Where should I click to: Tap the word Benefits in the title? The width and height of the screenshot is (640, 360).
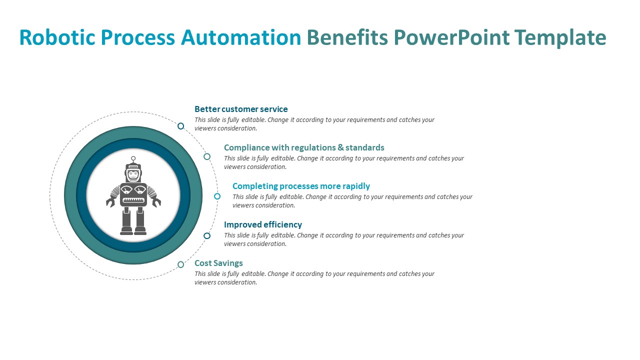347,38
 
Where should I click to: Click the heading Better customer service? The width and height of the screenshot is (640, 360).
241,109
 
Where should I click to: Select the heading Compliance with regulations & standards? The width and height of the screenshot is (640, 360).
304,147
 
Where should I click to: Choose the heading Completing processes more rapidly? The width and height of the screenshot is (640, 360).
301,186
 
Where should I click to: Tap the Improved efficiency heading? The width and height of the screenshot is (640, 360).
263,224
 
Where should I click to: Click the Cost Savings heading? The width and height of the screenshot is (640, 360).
218,263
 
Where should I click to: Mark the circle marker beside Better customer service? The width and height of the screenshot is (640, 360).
181,126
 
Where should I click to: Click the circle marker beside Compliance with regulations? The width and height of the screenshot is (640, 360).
207,156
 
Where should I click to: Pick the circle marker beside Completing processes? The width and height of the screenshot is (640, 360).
217,196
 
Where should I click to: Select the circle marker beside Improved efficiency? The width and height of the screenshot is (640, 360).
207,235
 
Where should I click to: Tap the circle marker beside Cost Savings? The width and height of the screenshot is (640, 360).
181,264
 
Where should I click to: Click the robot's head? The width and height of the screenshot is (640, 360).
133,173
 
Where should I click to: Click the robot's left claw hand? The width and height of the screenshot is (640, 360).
110,202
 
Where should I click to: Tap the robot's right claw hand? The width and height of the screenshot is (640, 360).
156,202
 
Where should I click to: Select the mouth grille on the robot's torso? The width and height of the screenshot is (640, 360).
133,200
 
